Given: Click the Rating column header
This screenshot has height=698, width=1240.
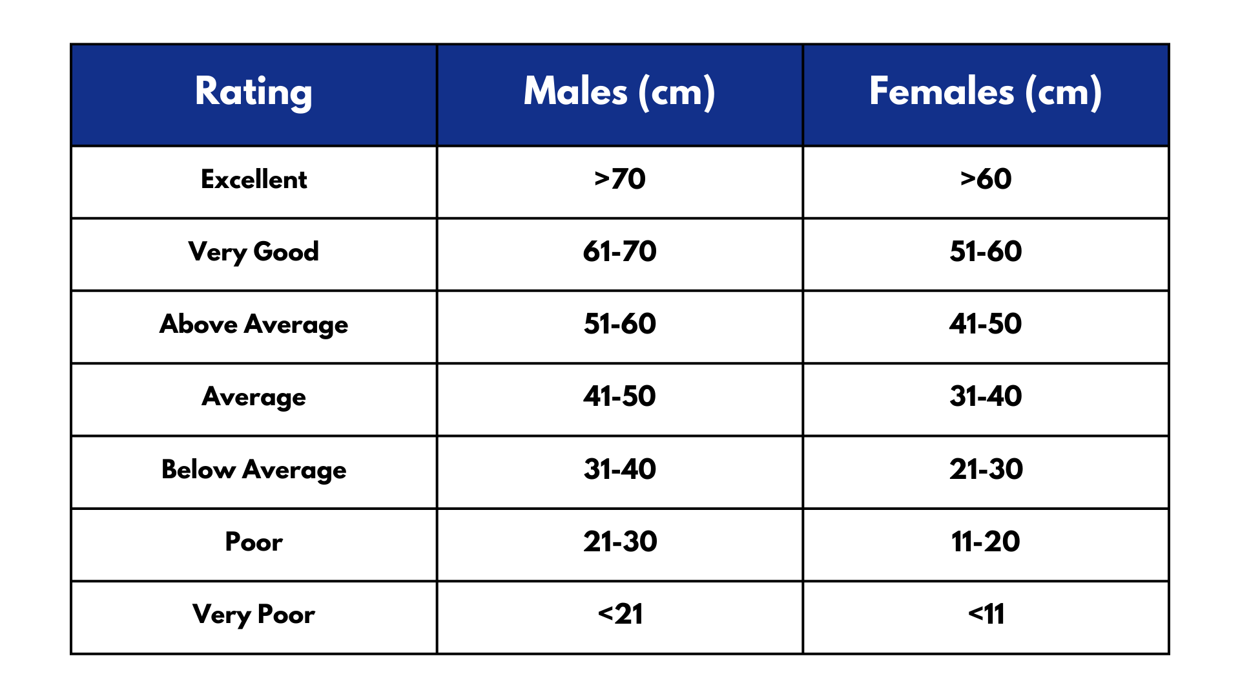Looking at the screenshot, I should pos(254,92).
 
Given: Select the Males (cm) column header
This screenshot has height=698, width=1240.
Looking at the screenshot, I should pos(619,92).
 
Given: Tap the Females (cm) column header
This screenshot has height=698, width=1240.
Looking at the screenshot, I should pos(986,92).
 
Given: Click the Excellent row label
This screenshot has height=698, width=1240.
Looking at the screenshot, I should pos(254,179).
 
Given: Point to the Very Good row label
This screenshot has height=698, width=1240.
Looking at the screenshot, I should pos(254,251).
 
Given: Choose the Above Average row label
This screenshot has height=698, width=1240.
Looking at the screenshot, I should pos(254,324).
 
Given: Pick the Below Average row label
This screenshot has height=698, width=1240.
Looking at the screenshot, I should pos(254,469).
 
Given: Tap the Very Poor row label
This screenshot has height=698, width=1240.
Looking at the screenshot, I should pos(254,614).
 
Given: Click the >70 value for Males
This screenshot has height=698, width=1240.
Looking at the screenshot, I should pos(619,179).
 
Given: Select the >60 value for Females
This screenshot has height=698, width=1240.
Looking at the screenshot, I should pos(986,179).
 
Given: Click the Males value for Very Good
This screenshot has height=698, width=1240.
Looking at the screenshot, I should pos(619,251).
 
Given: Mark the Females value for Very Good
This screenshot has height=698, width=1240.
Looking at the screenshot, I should pos(986,251).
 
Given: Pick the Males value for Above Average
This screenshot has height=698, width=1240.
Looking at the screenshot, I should pos(619,324).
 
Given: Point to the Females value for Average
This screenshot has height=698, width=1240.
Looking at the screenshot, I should pos(986,396).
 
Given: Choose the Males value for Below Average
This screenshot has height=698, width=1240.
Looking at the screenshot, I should pos(619,469).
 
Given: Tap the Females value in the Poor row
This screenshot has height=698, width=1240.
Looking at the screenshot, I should pos(986,542).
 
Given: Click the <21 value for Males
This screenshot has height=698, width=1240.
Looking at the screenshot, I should pos(619,614).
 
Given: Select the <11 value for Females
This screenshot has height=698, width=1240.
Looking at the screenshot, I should pos(986,614).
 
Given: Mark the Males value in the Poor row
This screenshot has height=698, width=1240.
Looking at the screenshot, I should pos(619,542).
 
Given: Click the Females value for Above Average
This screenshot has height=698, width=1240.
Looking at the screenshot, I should pos(986,324).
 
